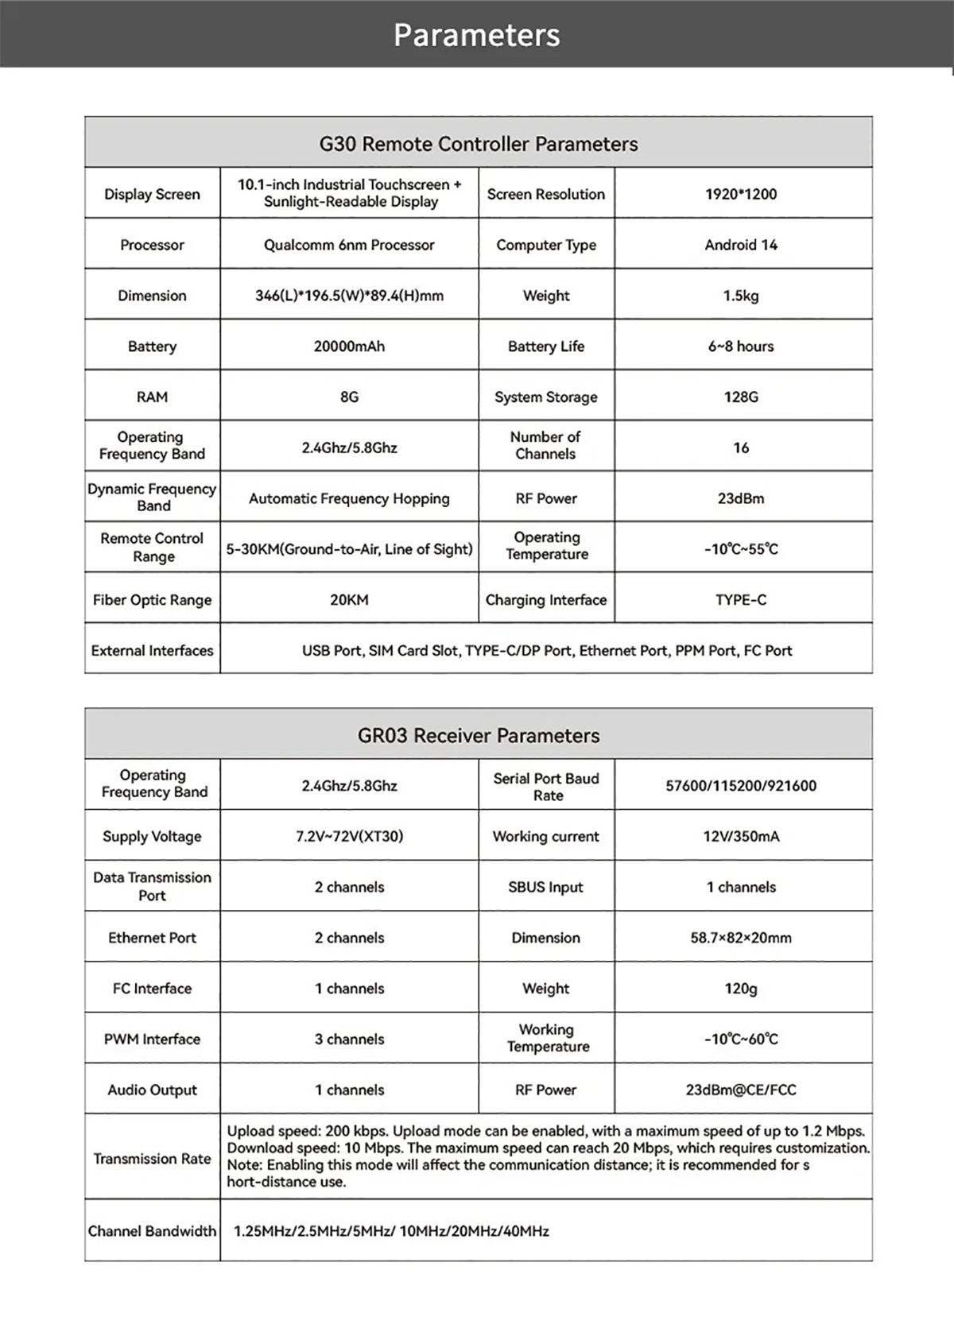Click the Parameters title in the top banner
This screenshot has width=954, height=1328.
tap(477, 35)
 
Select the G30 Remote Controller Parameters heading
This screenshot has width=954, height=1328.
tap(479, 144)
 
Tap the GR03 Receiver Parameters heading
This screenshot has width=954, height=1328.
tap(479, 735)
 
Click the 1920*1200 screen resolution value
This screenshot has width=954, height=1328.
tap(741, 194)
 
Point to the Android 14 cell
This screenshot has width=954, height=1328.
tap(741, 245)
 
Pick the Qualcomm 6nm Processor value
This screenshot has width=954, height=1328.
tap(349, 245)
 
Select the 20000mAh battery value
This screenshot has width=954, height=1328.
tap(349, 347)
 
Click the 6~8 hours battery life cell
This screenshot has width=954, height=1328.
tap(741, 347)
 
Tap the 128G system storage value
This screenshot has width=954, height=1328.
tap(741, 397)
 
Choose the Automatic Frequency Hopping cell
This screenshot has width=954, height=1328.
tap(349, 498)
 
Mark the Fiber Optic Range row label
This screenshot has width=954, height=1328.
tap(152, 600)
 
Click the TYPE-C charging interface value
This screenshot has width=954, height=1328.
tap(741, 600)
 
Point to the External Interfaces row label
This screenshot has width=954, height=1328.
tap(152, 651)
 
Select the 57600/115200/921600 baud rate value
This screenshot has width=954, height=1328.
tap(741, 786)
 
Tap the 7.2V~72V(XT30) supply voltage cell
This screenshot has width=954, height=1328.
tap(349, 836)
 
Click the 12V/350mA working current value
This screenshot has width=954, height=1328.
tap(741, 836)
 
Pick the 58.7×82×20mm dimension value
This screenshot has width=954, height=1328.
tap(741, 938)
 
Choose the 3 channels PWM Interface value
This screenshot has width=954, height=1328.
tap(349, 1040)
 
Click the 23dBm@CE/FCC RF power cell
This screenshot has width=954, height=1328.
tap(741, 1090)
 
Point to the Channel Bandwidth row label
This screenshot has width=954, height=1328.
tap(152, 1231)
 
